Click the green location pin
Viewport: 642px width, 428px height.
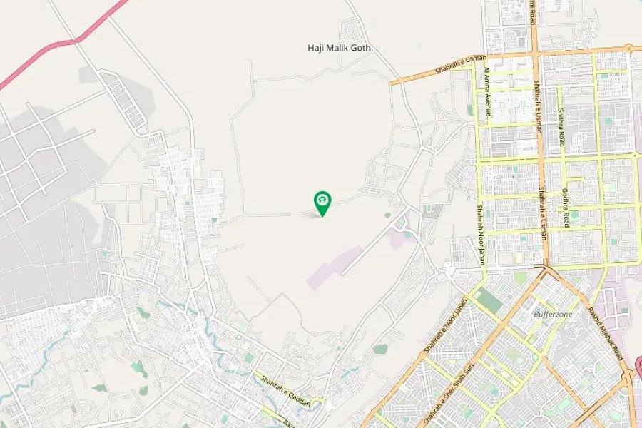(322, 203)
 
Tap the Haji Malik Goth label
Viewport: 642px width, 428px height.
(340, 48)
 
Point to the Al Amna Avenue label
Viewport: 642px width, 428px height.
(487, 91)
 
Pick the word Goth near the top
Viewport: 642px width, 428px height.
(362, 48)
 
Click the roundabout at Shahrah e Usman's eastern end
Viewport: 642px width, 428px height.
(628, 49)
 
